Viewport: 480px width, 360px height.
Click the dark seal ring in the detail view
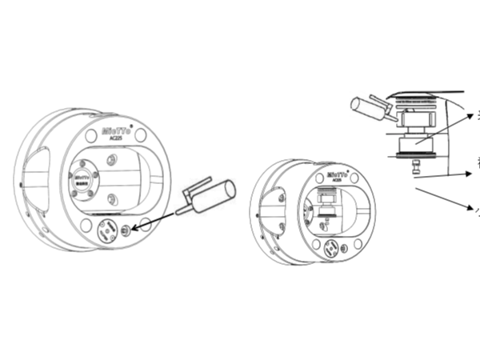pos(414,155)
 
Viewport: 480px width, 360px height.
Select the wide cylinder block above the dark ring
pos(414,142)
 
